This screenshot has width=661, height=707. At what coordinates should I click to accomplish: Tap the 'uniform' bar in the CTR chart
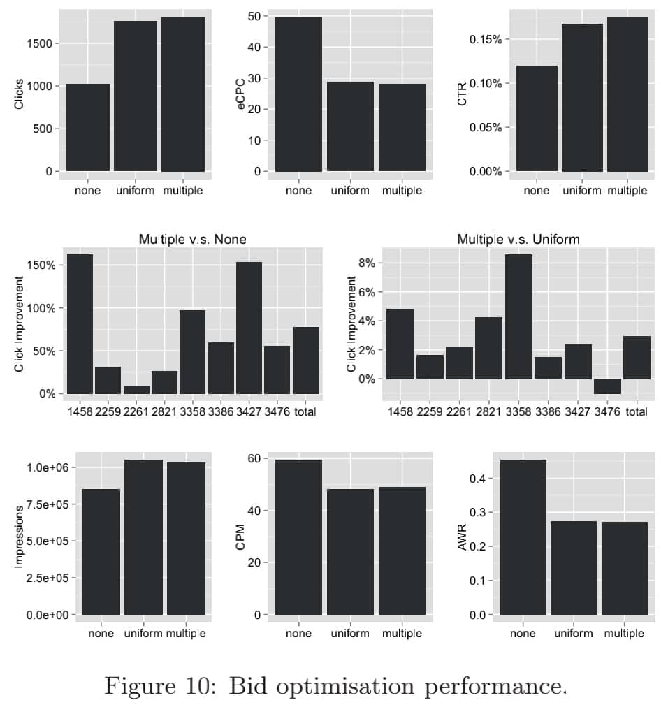tap(582, 98)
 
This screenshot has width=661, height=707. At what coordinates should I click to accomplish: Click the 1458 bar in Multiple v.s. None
tap(80, 324)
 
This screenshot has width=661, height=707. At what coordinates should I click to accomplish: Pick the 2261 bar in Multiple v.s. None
tap(136, 390)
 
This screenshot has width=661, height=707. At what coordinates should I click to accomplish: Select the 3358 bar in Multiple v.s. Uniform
tap(518, 317)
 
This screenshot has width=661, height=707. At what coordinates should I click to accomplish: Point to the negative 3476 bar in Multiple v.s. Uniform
tap(607, 386)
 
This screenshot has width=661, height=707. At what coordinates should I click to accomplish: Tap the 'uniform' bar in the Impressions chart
tap(143, 537)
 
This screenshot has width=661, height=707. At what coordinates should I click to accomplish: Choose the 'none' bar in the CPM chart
tap(298, 537)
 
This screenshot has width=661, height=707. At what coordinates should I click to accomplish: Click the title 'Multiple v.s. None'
tap(192, 240)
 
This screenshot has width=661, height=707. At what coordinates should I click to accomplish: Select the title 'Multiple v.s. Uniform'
tap(518, 240)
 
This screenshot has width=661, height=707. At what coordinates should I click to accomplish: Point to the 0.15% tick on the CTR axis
tap(485, 39)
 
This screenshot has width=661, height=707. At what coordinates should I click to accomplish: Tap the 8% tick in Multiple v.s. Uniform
tap(367, 263)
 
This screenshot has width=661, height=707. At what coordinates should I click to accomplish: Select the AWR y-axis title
tap(462, 538)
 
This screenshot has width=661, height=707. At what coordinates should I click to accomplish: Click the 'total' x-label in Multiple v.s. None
tap(305, 412)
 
